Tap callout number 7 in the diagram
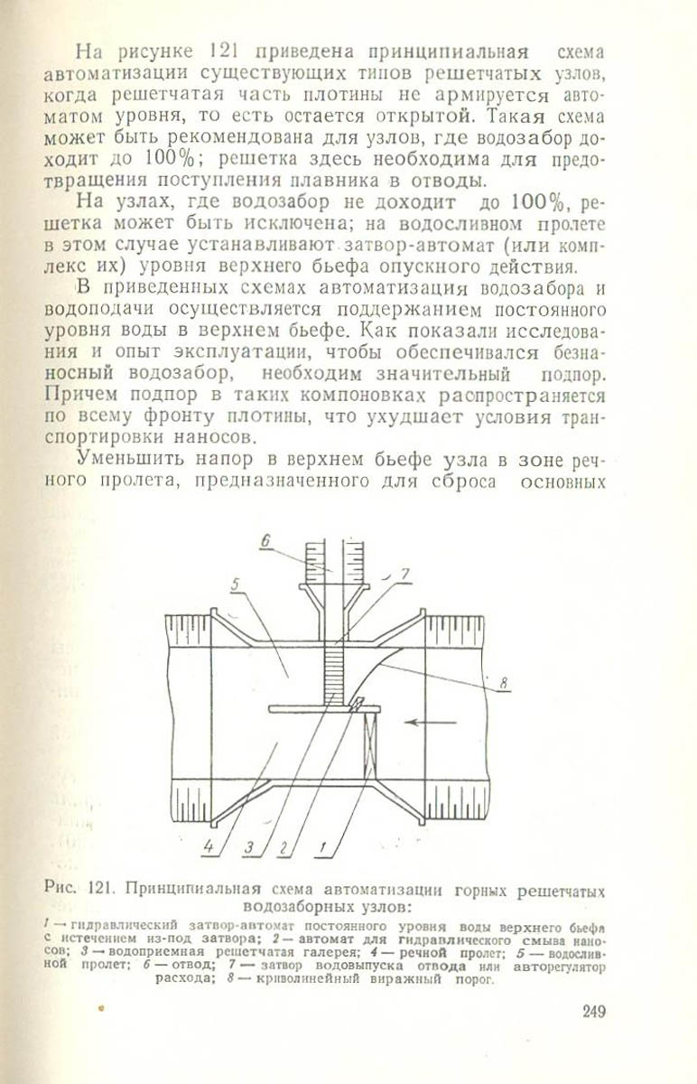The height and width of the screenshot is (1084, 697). [x=405, y=573]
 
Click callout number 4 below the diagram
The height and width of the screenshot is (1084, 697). [x=209, y=847]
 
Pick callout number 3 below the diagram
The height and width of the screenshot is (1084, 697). [x=248, y=847]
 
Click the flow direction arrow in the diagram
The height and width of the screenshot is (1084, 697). [x=423, y=722]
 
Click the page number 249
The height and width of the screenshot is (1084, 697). [x=594, y=1011]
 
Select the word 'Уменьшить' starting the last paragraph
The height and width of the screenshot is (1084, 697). [x=130, y=458]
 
